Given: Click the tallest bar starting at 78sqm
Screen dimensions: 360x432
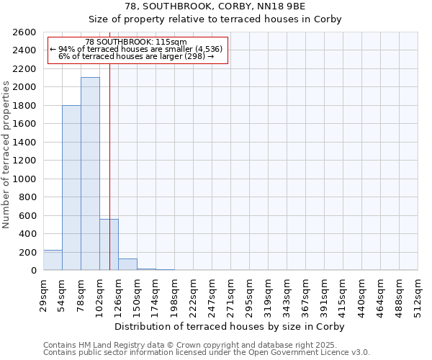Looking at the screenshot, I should [x=90, y=174].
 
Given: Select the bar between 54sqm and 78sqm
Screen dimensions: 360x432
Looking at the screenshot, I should [x=71, y=187].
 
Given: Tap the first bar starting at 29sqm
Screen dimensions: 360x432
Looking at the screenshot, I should [x=53, y=260].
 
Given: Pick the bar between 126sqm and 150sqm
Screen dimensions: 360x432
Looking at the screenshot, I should [x=127, y=264].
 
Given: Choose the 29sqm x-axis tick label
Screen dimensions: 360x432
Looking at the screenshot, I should [x=44, y=292].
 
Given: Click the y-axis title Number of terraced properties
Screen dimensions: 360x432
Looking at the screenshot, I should [x=6, y=155].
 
